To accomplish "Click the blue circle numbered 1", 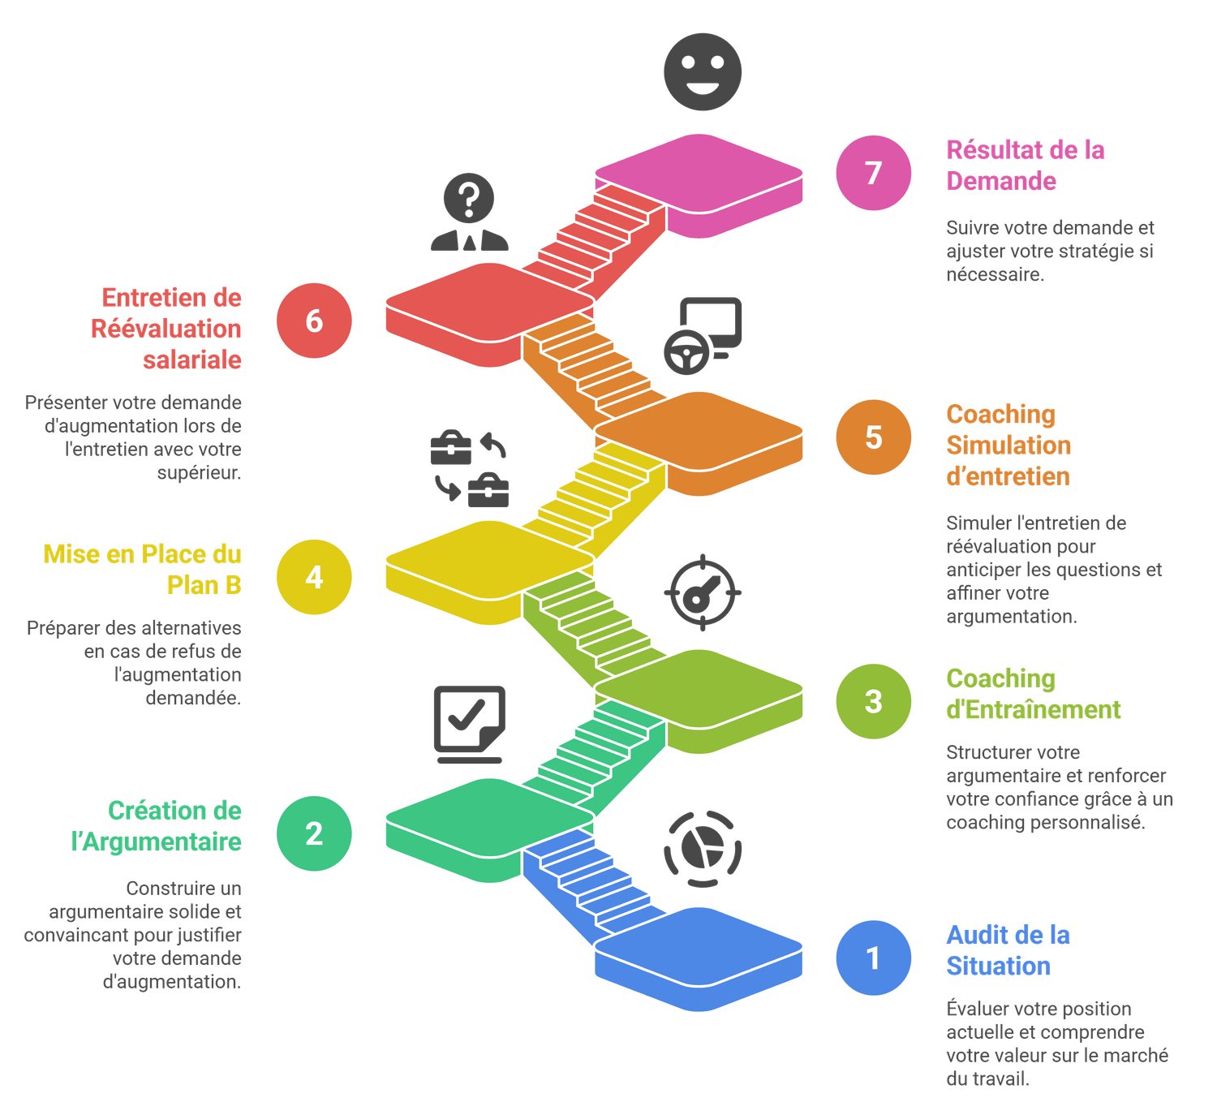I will click(x=873, y=958).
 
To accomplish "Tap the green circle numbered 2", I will click(x=314, y=833).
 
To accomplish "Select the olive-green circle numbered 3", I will click(x=873, y=701).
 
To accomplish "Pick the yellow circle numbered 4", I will click(x=314, y=577).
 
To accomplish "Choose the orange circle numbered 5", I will click(x=873, y=437).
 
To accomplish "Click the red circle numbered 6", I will click(x=314, y=321).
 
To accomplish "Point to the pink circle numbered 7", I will click(x=873, y=173).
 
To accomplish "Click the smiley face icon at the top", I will click(x=703, y=71).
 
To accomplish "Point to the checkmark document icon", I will click(x=469, y=725).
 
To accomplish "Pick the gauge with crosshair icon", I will click(x=702, y=592).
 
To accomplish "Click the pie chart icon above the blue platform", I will click(x=703, y=849).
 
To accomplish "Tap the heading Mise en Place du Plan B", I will click(x=143, y=569).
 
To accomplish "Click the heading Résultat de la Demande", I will click(x=1026, y=165).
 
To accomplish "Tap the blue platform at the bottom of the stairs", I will click(x=699, y=949).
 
